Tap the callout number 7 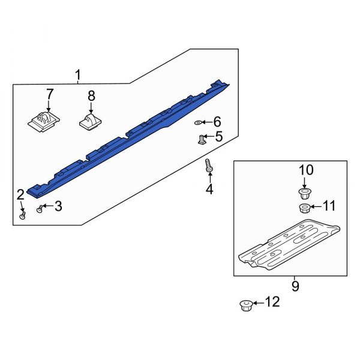point(49,94)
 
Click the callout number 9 point(295,286)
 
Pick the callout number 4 point(209,190)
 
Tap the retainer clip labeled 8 point(90,122)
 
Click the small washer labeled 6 point(199,122)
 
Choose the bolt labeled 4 point(209,166)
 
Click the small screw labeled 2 point(22,215)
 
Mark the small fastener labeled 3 point(40,208)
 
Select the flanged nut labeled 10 point(303,193)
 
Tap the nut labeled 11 point(304,208)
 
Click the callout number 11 point(329,207)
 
